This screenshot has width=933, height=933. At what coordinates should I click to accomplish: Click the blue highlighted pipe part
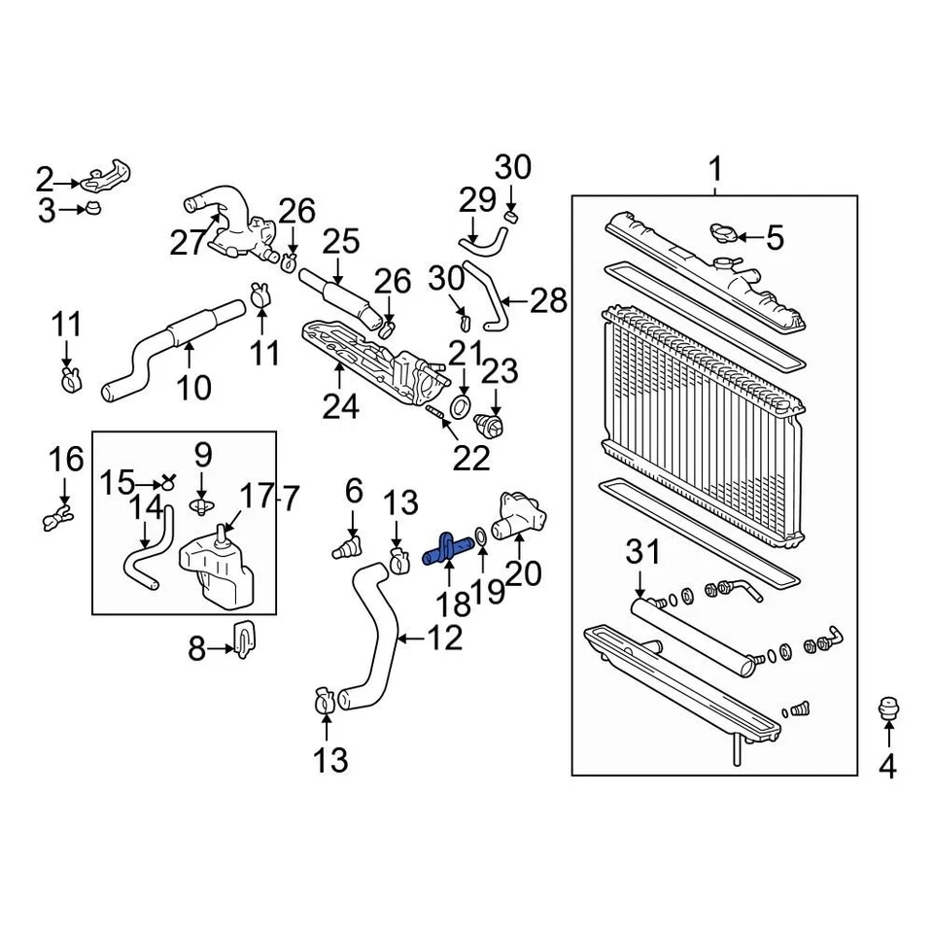(448, 551)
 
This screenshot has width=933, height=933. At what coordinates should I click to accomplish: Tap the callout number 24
(341, 405)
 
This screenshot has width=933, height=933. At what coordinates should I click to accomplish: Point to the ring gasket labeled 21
(463, 403)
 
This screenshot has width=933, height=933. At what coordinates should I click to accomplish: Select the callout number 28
(549, 301)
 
